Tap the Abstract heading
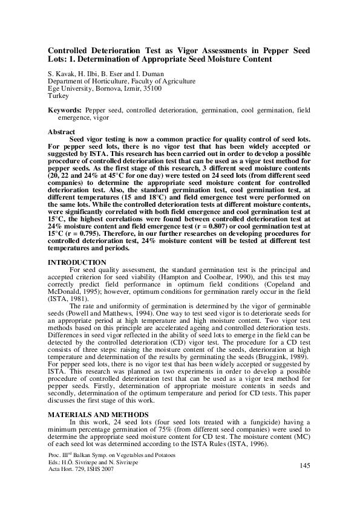pos(62,131)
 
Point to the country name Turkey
pos(59,96)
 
